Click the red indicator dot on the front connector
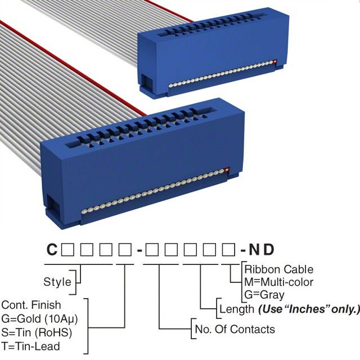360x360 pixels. click(x=227, y=170)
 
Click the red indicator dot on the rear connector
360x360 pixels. click(x=274, y=61)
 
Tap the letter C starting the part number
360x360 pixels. click(x=51, y=249)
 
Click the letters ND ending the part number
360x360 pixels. click(x=262, y=249)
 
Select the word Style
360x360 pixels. click(x=57, y=281)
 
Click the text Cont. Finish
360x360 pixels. click(x=30, y=305)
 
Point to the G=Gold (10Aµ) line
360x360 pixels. click(x=39, y=319)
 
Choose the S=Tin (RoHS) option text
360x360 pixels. click(x=37, y=332)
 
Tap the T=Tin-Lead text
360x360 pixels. click(x=30, y=346)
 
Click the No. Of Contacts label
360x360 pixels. click(x=234, y=329)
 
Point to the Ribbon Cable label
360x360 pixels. click(x=278, y=269)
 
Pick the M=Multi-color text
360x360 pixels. click(x=278, y=282)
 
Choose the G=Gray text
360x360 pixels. click(x=264, y=294)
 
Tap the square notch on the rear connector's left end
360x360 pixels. click(x=145, y=83)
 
